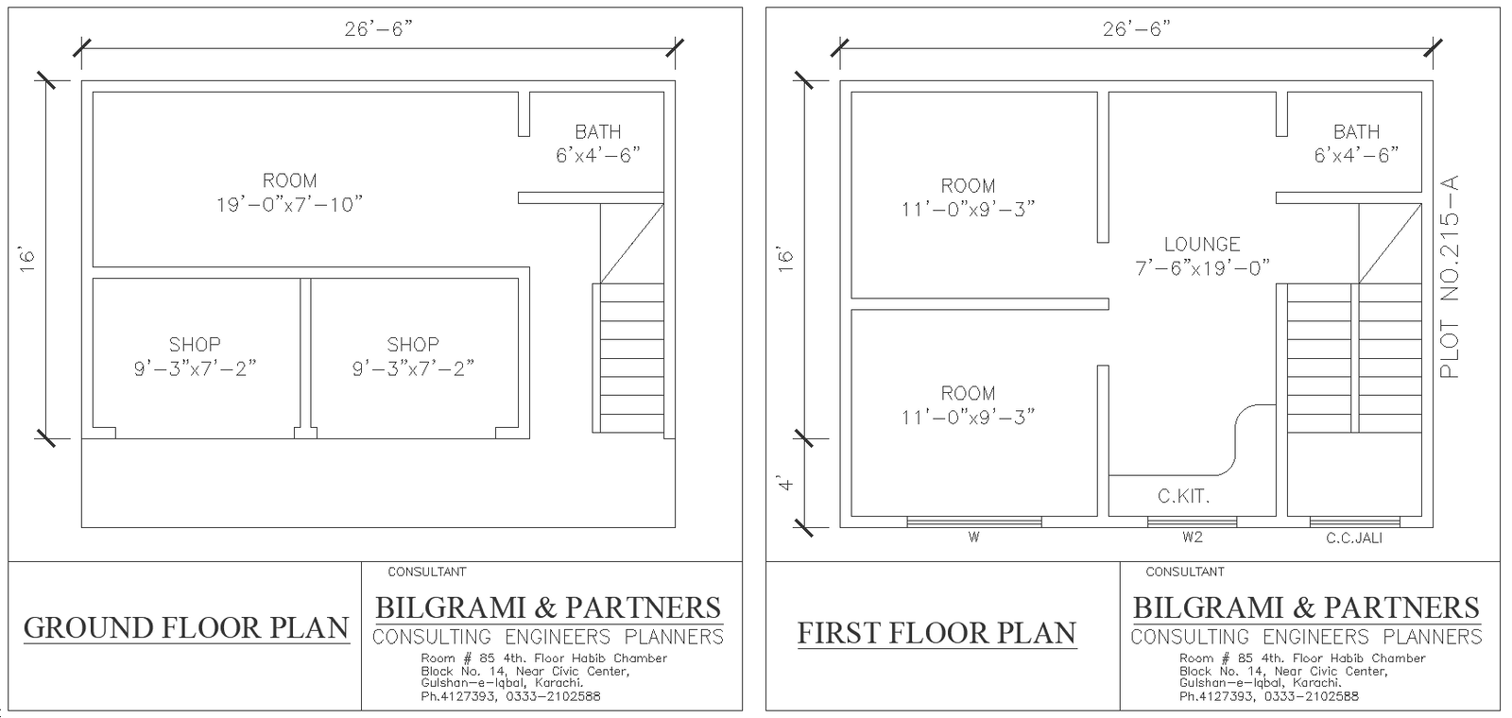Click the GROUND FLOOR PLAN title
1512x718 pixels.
(186, 628)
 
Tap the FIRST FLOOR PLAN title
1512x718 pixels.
(936, 633)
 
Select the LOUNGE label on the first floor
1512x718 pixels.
(1202, 244)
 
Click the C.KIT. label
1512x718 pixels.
(1183, 496)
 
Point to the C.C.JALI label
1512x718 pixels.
(1354, 538)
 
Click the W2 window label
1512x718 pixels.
(1192, 538)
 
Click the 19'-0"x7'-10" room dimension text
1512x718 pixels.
(289, 205)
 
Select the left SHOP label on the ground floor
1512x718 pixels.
(195, 345)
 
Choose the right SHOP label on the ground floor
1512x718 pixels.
(413, 345)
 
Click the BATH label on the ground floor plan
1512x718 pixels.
(598, 132)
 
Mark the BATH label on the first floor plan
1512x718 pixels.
(1356, 132)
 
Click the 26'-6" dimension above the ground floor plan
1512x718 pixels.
(378, 29)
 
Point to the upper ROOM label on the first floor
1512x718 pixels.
(968, 186)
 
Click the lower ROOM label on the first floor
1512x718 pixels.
(968, 393)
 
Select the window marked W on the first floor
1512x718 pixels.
(974, 521)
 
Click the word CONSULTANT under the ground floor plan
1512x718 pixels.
(427, 572)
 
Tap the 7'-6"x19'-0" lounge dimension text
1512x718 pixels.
(1202, 268)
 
